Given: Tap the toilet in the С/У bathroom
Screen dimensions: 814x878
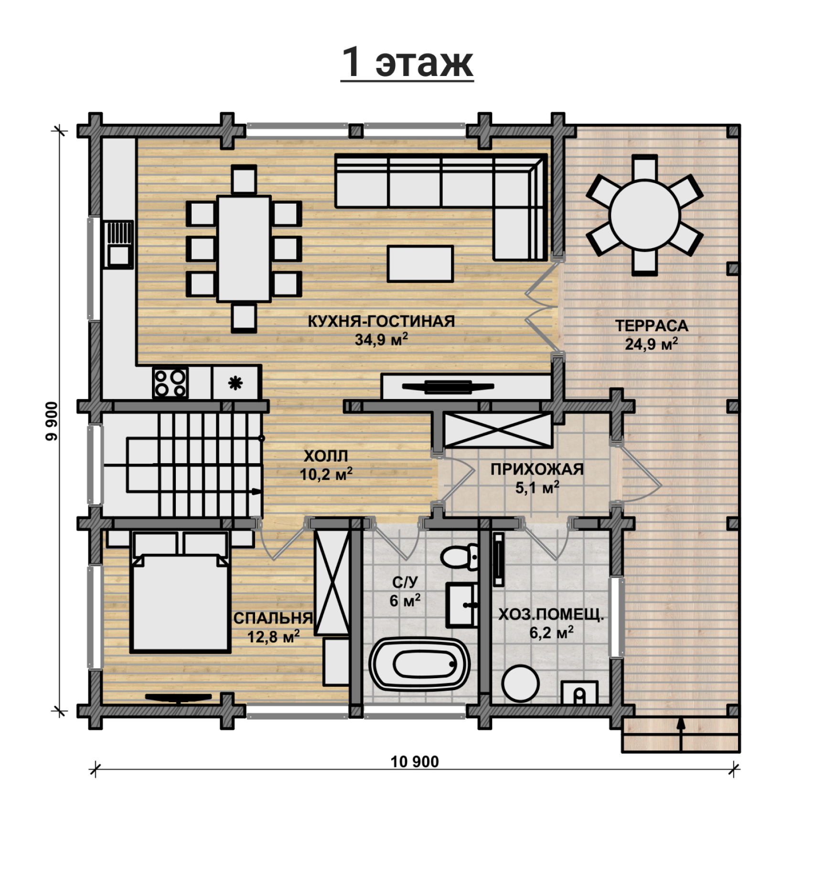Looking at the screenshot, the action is pos(460,556).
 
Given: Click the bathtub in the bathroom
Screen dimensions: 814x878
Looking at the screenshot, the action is pos(420,664).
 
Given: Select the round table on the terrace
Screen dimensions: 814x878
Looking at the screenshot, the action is pos(644,215).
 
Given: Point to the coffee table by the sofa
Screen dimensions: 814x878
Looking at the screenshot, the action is pos(420,263).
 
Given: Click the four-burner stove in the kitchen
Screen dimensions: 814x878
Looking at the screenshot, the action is pos(170,383).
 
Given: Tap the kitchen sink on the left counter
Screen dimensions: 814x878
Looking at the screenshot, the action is pos(119,244).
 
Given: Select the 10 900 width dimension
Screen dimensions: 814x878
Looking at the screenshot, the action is pos(415,761).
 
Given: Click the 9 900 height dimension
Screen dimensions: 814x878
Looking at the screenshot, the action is pos(52,421).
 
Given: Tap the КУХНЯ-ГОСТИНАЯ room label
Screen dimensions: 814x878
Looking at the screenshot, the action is pos(381,321).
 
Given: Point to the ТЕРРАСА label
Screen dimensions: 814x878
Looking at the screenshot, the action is pos(652,325).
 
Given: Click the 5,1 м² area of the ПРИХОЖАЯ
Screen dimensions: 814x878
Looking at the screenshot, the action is pos(537,488).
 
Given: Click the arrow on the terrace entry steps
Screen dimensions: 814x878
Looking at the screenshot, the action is pos(681,733).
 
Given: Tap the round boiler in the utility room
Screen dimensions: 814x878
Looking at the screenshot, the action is pos(520,683).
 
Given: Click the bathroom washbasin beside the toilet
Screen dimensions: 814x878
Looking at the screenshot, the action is pos(461,605).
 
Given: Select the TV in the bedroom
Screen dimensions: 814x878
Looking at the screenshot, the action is pos(178,698).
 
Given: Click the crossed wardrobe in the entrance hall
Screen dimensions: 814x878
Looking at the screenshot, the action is pos(497,430).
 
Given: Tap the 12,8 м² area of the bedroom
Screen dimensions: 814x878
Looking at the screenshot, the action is pos(273,637).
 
